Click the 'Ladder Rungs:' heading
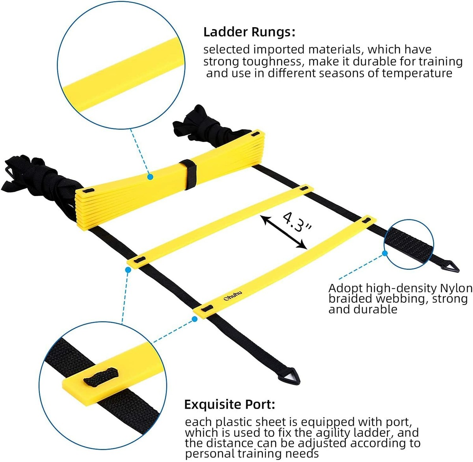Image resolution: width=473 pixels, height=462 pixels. tap(249, 32)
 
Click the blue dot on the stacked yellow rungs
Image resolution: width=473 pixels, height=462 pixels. tap(150, 178)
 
